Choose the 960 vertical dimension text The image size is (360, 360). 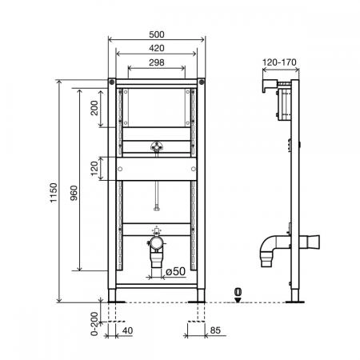pos(74,191)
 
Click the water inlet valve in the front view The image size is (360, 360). pos(157,148)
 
